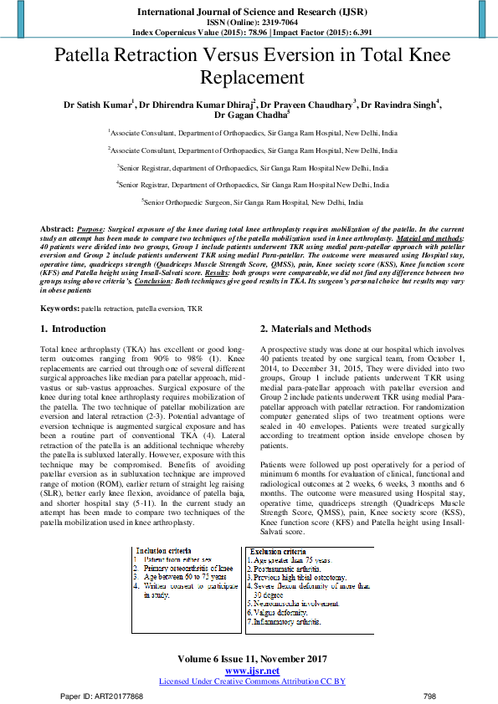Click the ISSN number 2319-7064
point(271,23)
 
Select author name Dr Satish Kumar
point(98,105)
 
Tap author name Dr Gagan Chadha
point(249,115)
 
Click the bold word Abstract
point(57,228)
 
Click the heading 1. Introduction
point(74,329)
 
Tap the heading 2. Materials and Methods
point(315,329)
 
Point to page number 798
point(430,696)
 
